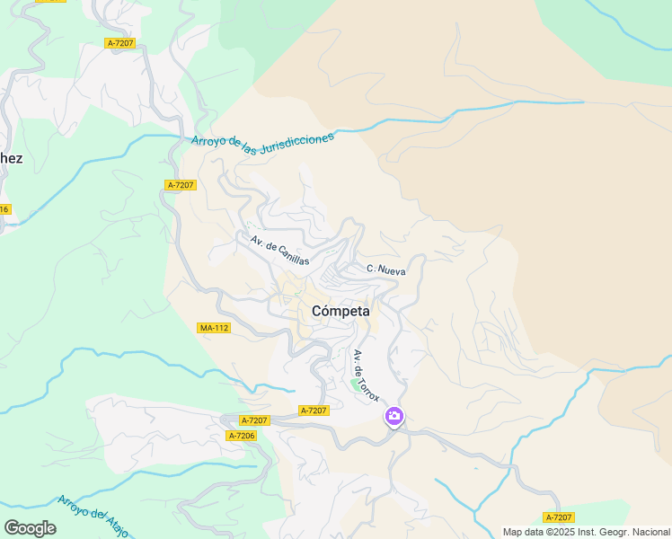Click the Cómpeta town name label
tap(340, 311)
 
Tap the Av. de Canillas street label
tap(279, 250)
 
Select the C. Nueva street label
tap(386, 269)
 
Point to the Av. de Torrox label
tap(367, 375)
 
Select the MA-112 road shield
tap(214, 328)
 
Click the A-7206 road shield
tap(242, 436)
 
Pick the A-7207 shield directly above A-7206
tap(254, 420)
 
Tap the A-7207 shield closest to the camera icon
tap(314, 411)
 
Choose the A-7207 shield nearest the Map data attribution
tap(559, 517)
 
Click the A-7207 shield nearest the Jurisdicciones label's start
tap(181, 184)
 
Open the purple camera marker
tap(393, 416)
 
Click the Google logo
tap(30, 527)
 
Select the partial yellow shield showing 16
tap(4, 209)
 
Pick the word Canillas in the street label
tap(292, 255)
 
